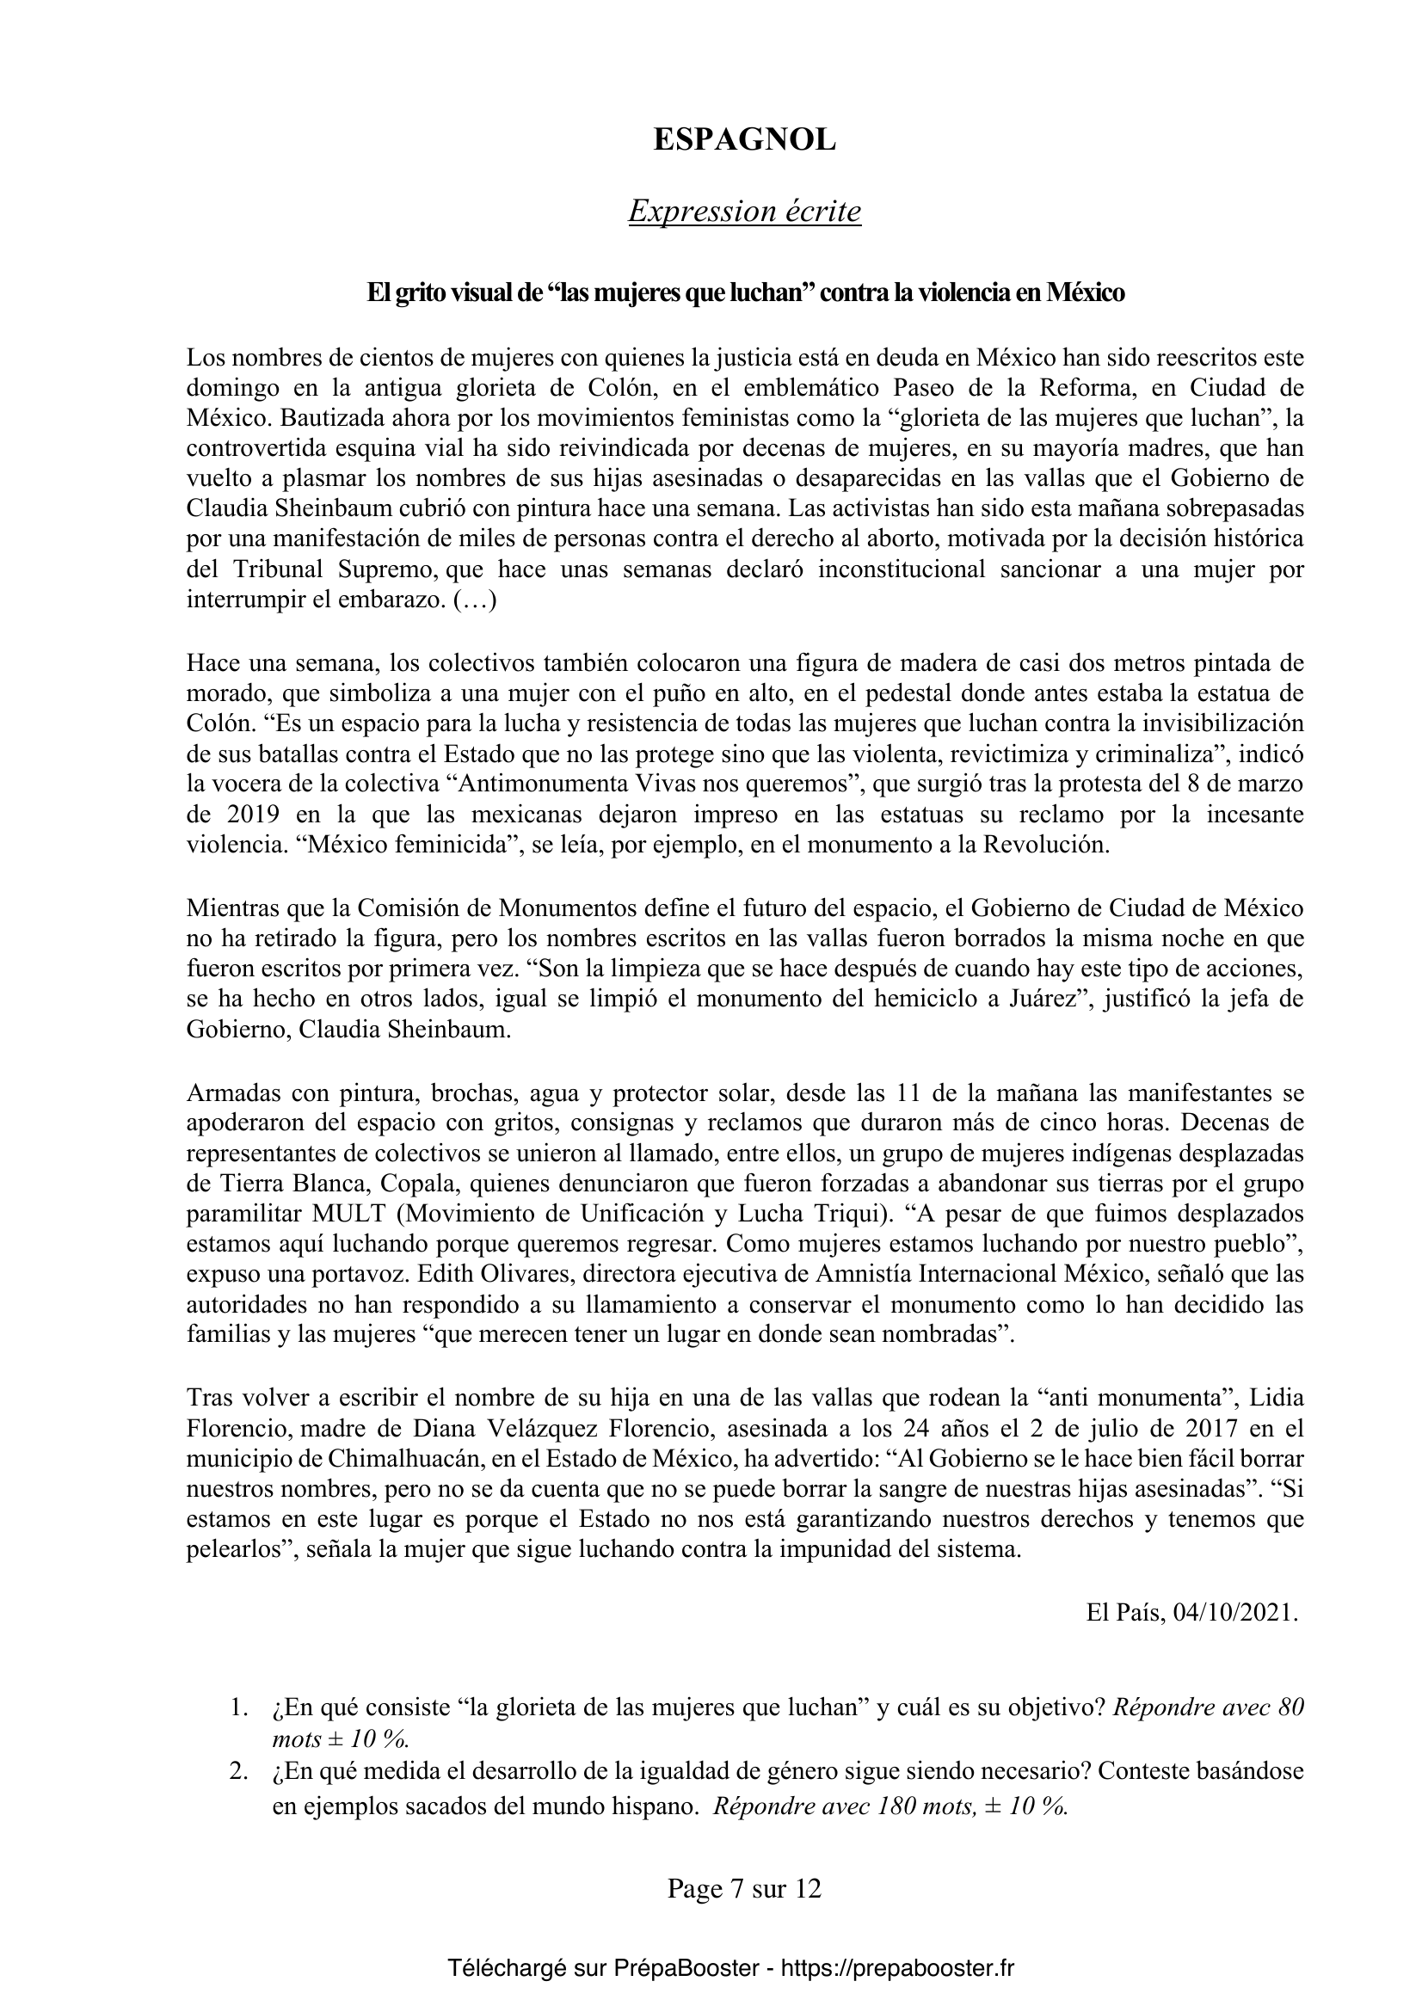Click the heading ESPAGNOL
744,141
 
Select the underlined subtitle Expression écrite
744,212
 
